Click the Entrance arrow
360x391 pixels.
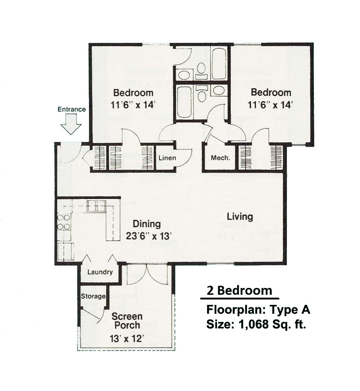click(71, 124)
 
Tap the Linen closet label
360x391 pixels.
click(167, 158)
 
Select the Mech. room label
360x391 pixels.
click(220, 158)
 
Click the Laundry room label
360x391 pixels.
click(100, 272)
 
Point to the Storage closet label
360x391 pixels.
click(93, 296)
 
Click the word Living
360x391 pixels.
click(240, 217)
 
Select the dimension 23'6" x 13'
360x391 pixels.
click(149, 236)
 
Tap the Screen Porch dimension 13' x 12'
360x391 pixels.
click(127, 338)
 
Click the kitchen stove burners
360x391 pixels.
click(64, 222)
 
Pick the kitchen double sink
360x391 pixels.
click(96, 206)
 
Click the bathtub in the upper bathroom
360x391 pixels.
click(219, 64)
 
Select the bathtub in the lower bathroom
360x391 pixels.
click(185, 102)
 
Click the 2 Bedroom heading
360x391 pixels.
click(239, 291)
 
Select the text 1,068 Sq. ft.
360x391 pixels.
click(272, 324)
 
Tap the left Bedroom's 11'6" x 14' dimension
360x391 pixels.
click(133, 105)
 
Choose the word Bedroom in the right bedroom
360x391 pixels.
click(271, 92)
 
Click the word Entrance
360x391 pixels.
click(72, 109)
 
